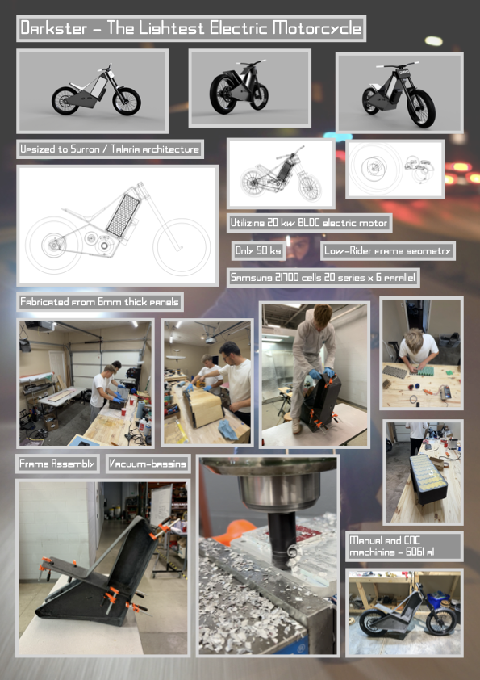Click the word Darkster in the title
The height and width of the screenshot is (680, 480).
coord(54,28)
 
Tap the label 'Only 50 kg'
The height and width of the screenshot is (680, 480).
coord(258,250)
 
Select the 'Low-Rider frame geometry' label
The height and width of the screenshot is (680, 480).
coord(388,250)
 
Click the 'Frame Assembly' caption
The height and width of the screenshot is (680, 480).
coord(57,464)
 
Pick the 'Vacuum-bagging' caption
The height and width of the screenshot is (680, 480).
coord(148,464)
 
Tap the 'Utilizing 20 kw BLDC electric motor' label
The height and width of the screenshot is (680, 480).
coord(309,223)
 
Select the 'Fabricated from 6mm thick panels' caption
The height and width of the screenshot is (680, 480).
coord(100,302)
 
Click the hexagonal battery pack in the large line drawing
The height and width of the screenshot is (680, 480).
coord(124,215)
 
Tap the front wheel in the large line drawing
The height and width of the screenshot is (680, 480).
coord(182,247)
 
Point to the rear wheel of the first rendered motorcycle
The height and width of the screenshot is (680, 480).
coord(65,101)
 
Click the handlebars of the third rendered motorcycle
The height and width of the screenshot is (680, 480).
coord(398,65)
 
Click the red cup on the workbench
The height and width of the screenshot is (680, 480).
coord(123,411)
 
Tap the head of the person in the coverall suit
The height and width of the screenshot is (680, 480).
coord(323,314)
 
